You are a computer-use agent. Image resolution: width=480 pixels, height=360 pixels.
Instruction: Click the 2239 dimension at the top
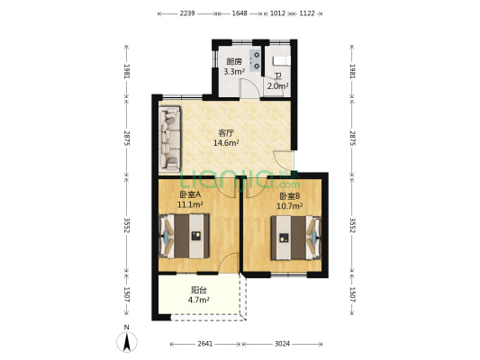pos(187,13)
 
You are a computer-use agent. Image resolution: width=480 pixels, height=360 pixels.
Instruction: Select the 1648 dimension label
pos(240,13)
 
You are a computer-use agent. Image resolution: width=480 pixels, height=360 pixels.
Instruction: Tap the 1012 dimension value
pos(278,13)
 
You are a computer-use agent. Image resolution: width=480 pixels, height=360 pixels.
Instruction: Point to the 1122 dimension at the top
pos(307,13)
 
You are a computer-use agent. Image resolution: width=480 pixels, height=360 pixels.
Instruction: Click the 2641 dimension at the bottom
pos(204,344)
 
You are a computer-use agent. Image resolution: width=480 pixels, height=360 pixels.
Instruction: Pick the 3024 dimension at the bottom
pos(282,344)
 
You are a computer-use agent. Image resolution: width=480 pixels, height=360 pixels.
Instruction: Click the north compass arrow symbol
pos(127,342)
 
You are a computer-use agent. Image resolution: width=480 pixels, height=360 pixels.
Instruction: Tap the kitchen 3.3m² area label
pos(234,72)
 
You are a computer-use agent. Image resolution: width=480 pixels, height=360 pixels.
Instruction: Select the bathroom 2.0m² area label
pos(277,86)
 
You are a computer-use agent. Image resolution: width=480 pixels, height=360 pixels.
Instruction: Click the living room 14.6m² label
pos(226,142)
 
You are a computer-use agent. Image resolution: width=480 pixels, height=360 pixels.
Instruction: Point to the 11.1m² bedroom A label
pos(190,204)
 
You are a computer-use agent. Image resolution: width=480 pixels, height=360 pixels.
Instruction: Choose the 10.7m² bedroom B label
pos(290,206)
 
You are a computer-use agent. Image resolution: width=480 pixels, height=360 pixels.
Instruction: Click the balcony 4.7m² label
pos(198,300)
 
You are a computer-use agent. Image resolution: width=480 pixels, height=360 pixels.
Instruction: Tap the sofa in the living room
pos(170,139)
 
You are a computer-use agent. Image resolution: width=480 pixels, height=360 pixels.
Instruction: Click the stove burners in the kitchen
pos(255,60)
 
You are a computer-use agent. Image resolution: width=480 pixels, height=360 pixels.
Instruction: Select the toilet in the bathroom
pos(282,61)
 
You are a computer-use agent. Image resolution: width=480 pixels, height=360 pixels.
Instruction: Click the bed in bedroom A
pos(185,236)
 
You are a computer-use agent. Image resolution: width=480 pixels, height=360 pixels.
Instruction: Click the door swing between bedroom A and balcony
pos(228,263)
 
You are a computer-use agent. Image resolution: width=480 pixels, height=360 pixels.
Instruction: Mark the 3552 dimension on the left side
pos(127,225)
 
